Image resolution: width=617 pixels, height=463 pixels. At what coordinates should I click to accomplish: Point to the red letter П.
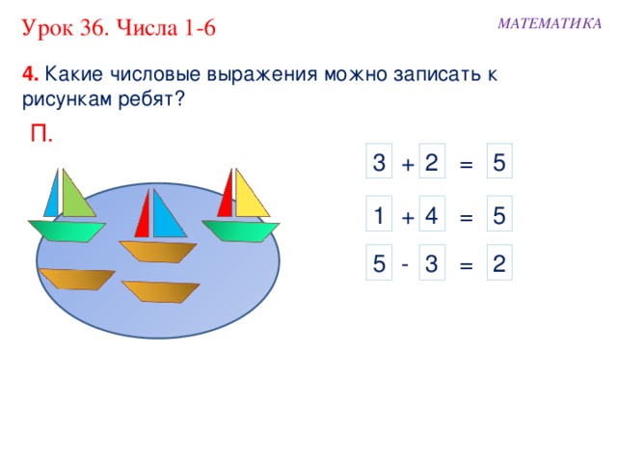[x=41, y=134]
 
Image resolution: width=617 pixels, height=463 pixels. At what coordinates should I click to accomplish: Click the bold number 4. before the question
[x=30, y=75]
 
